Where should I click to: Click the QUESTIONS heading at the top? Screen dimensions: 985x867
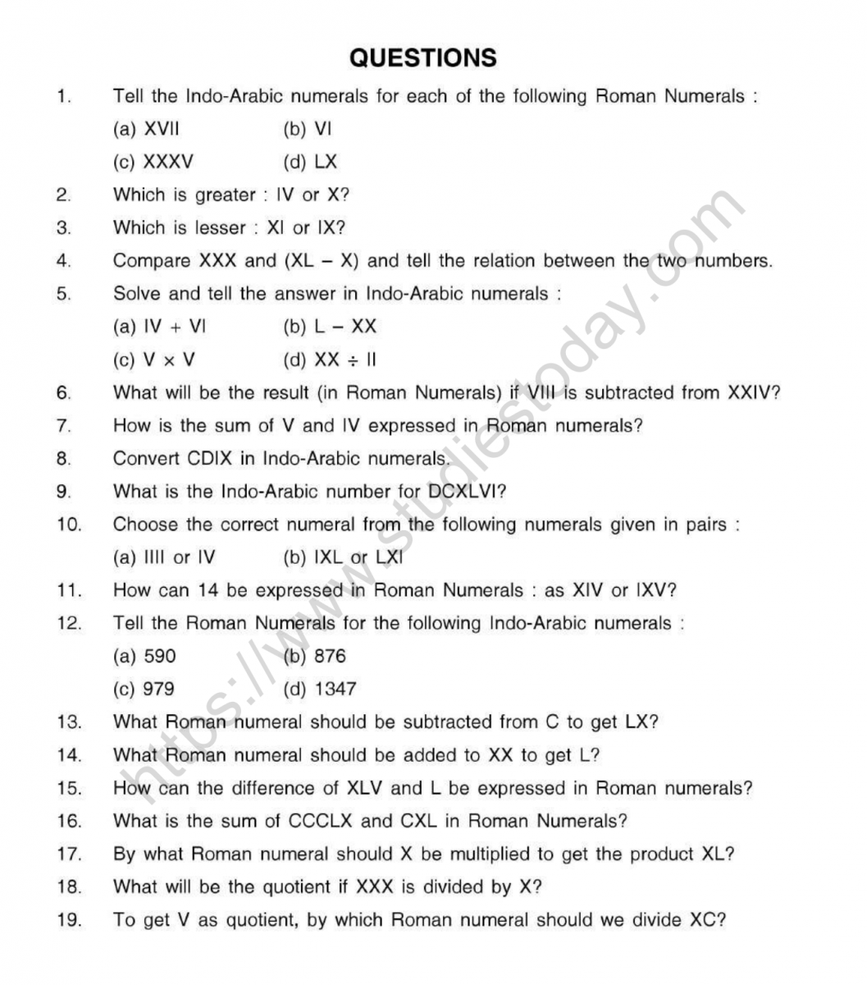(x=422, y=57)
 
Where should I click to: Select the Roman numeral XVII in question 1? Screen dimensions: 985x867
(x=162, y=129)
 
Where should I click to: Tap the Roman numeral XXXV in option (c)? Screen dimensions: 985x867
(x=168, y=162)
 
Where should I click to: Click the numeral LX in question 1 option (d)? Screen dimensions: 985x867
(x=326, y=162)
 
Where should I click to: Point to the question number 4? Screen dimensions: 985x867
(x=64, y=261)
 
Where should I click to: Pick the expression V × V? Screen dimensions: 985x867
(x=169, y=360)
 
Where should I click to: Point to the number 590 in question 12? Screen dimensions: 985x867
(x=159, y=656)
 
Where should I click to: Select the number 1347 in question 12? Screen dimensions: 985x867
(x=335, y=689)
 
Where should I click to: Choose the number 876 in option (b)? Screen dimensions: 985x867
(x=330, y=656)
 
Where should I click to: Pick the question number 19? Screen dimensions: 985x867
(x=70, y=919)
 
